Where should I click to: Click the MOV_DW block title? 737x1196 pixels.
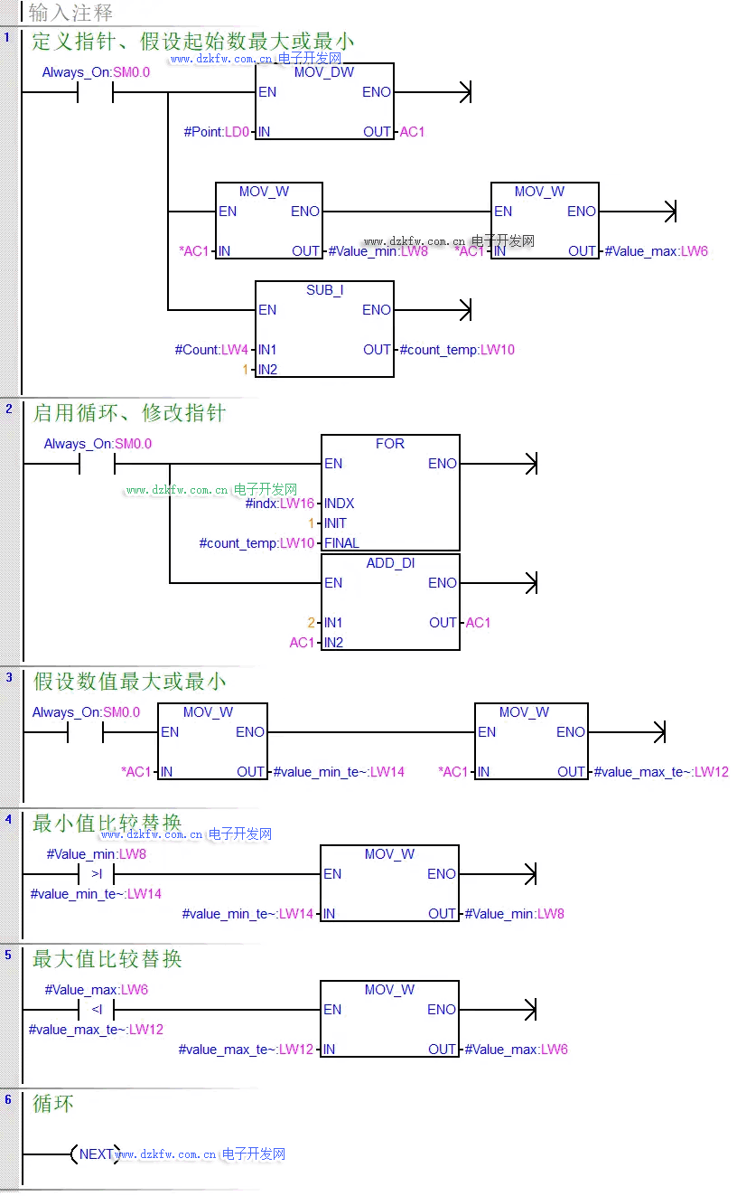[x=324, y=72]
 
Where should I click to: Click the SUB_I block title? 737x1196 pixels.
[x=324, y=290]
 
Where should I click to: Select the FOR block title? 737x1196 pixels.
[x=390, y=444]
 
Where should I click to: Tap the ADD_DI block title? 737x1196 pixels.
[x=390, y=563]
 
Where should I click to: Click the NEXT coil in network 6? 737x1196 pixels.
[x=96, y=1154]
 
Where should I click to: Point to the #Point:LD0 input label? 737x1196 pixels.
[x=216, y=132]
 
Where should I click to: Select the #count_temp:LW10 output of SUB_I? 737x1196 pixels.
[x=457, y=350]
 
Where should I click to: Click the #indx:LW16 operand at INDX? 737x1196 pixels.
[x=280, y=504]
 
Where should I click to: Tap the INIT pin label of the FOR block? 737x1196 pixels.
[x=335, y=523]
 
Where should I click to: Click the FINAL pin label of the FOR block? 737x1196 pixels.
[x=341, y=543]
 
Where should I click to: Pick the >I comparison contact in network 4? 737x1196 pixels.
[x=97, y=874]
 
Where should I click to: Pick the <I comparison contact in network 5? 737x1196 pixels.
[x=97, y=1010]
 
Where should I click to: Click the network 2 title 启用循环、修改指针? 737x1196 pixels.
[x=129, y=413]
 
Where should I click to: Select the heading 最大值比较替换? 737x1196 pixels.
[x=107, y=958]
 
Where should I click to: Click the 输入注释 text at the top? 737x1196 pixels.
[x=70, y=13]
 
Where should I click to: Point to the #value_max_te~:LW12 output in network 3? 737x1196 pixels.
[x=661, y=772]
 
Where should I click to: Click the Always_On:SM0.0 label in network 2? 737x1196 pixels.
[x=98, y=444]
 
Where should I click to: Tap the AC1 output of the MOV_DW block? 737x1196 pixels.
[x=412, y=132]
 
